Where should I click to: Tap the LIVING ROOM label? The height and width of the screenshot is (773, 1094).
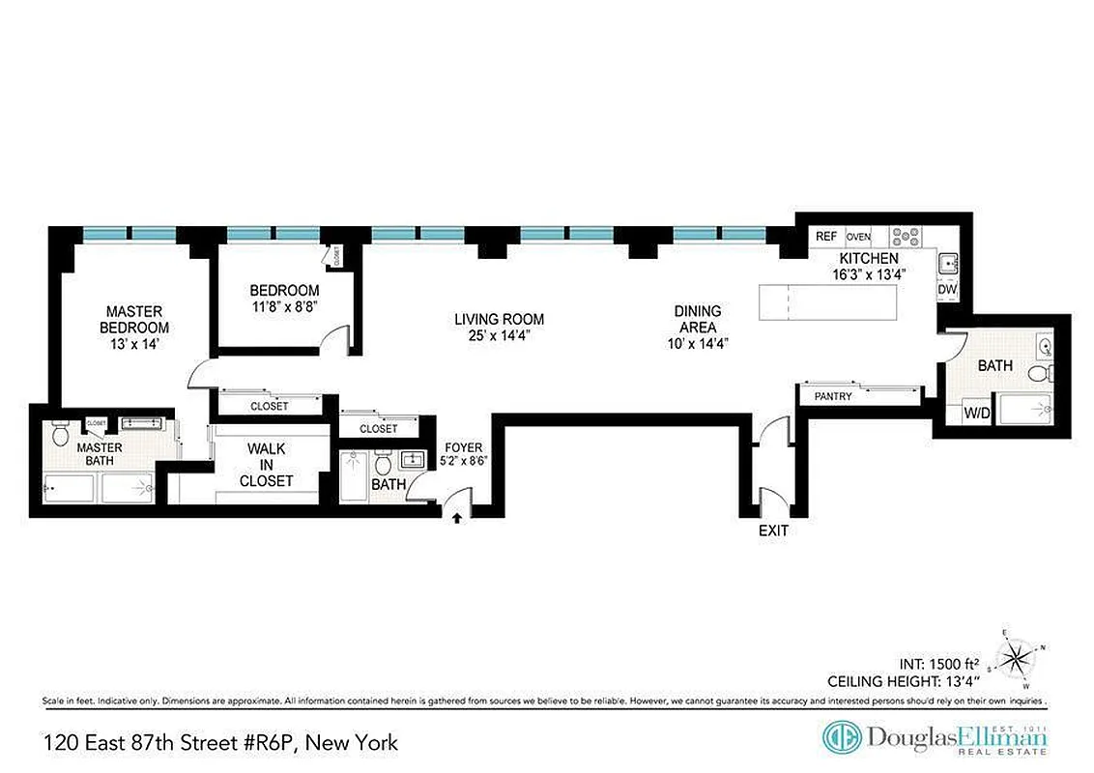point(499,327)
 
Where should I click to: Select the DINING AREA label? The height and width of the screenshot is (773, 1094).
point(698,327)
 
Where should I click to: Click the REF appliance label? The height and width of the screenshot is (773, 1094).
point(826,237)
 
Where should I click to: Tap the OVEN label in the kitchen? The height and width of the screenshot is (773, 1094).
point(858,237)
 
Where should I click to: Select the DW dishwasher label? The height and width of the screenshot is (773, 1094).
point(947,289)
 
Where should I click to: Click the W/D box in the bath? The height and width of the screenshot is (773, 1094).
point(976,415)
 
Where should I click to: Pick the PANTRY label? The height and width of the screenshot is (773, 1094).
point(832,396)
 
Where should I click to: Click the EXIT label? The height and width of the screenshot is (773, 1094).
point(773,530)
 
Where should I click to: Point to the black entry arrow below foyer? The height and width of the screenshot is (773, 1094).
point(457,520)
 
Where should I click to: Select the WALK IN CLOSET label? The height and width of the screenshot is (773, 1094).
point(267,465)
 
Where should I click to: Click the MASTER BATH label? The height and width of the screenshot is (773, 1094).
point(100,454)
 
